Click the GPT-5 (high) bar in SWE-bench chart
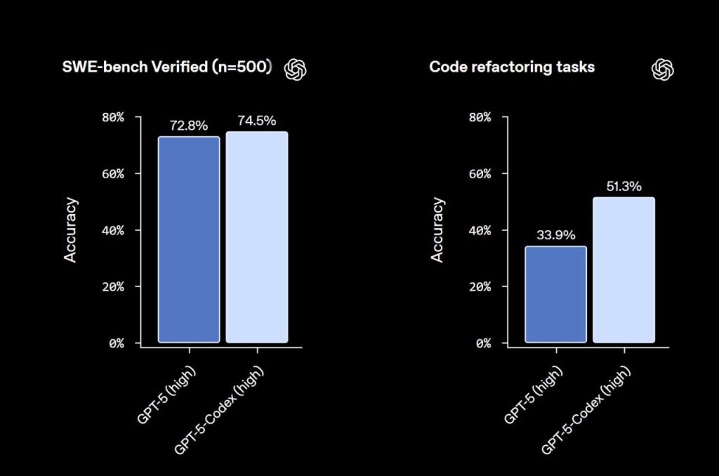pos(188,239)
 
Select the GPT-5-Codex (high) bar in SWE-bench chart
pos(256,237)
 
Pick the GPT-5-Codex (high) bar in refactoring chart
pos(624,270)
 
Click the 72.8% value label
pos(189,126)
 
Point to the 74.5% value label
pos(257,120)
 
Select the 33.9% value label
pos(555,235)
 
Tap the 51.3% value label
pos(623,187)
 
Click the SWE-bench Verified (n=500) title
pos(166,67)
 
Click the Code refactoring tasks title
pos(512,67)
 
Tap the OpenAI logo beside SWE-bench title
pos(296,68)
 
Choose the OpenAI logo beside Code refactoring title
pos(663,68)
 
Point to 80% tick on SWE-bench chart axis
pos(112,117)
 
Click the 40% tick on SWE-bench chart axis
pos(112,230)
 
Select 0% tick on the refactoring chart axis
pos(481,343)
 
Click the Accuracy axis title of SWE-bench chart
pos(70,230)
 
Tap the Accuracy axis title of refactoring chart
pos(437,230)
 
